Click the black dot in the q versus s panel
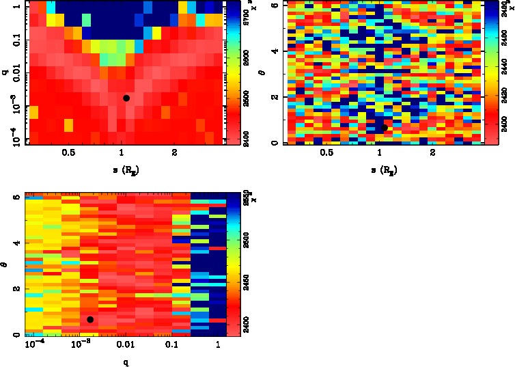click(126, 98)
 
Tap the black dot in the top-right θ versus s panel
click(385, 128)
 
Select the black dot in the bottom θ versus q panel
click(90, 319)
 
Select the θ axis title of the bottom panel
click(5, 263)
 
